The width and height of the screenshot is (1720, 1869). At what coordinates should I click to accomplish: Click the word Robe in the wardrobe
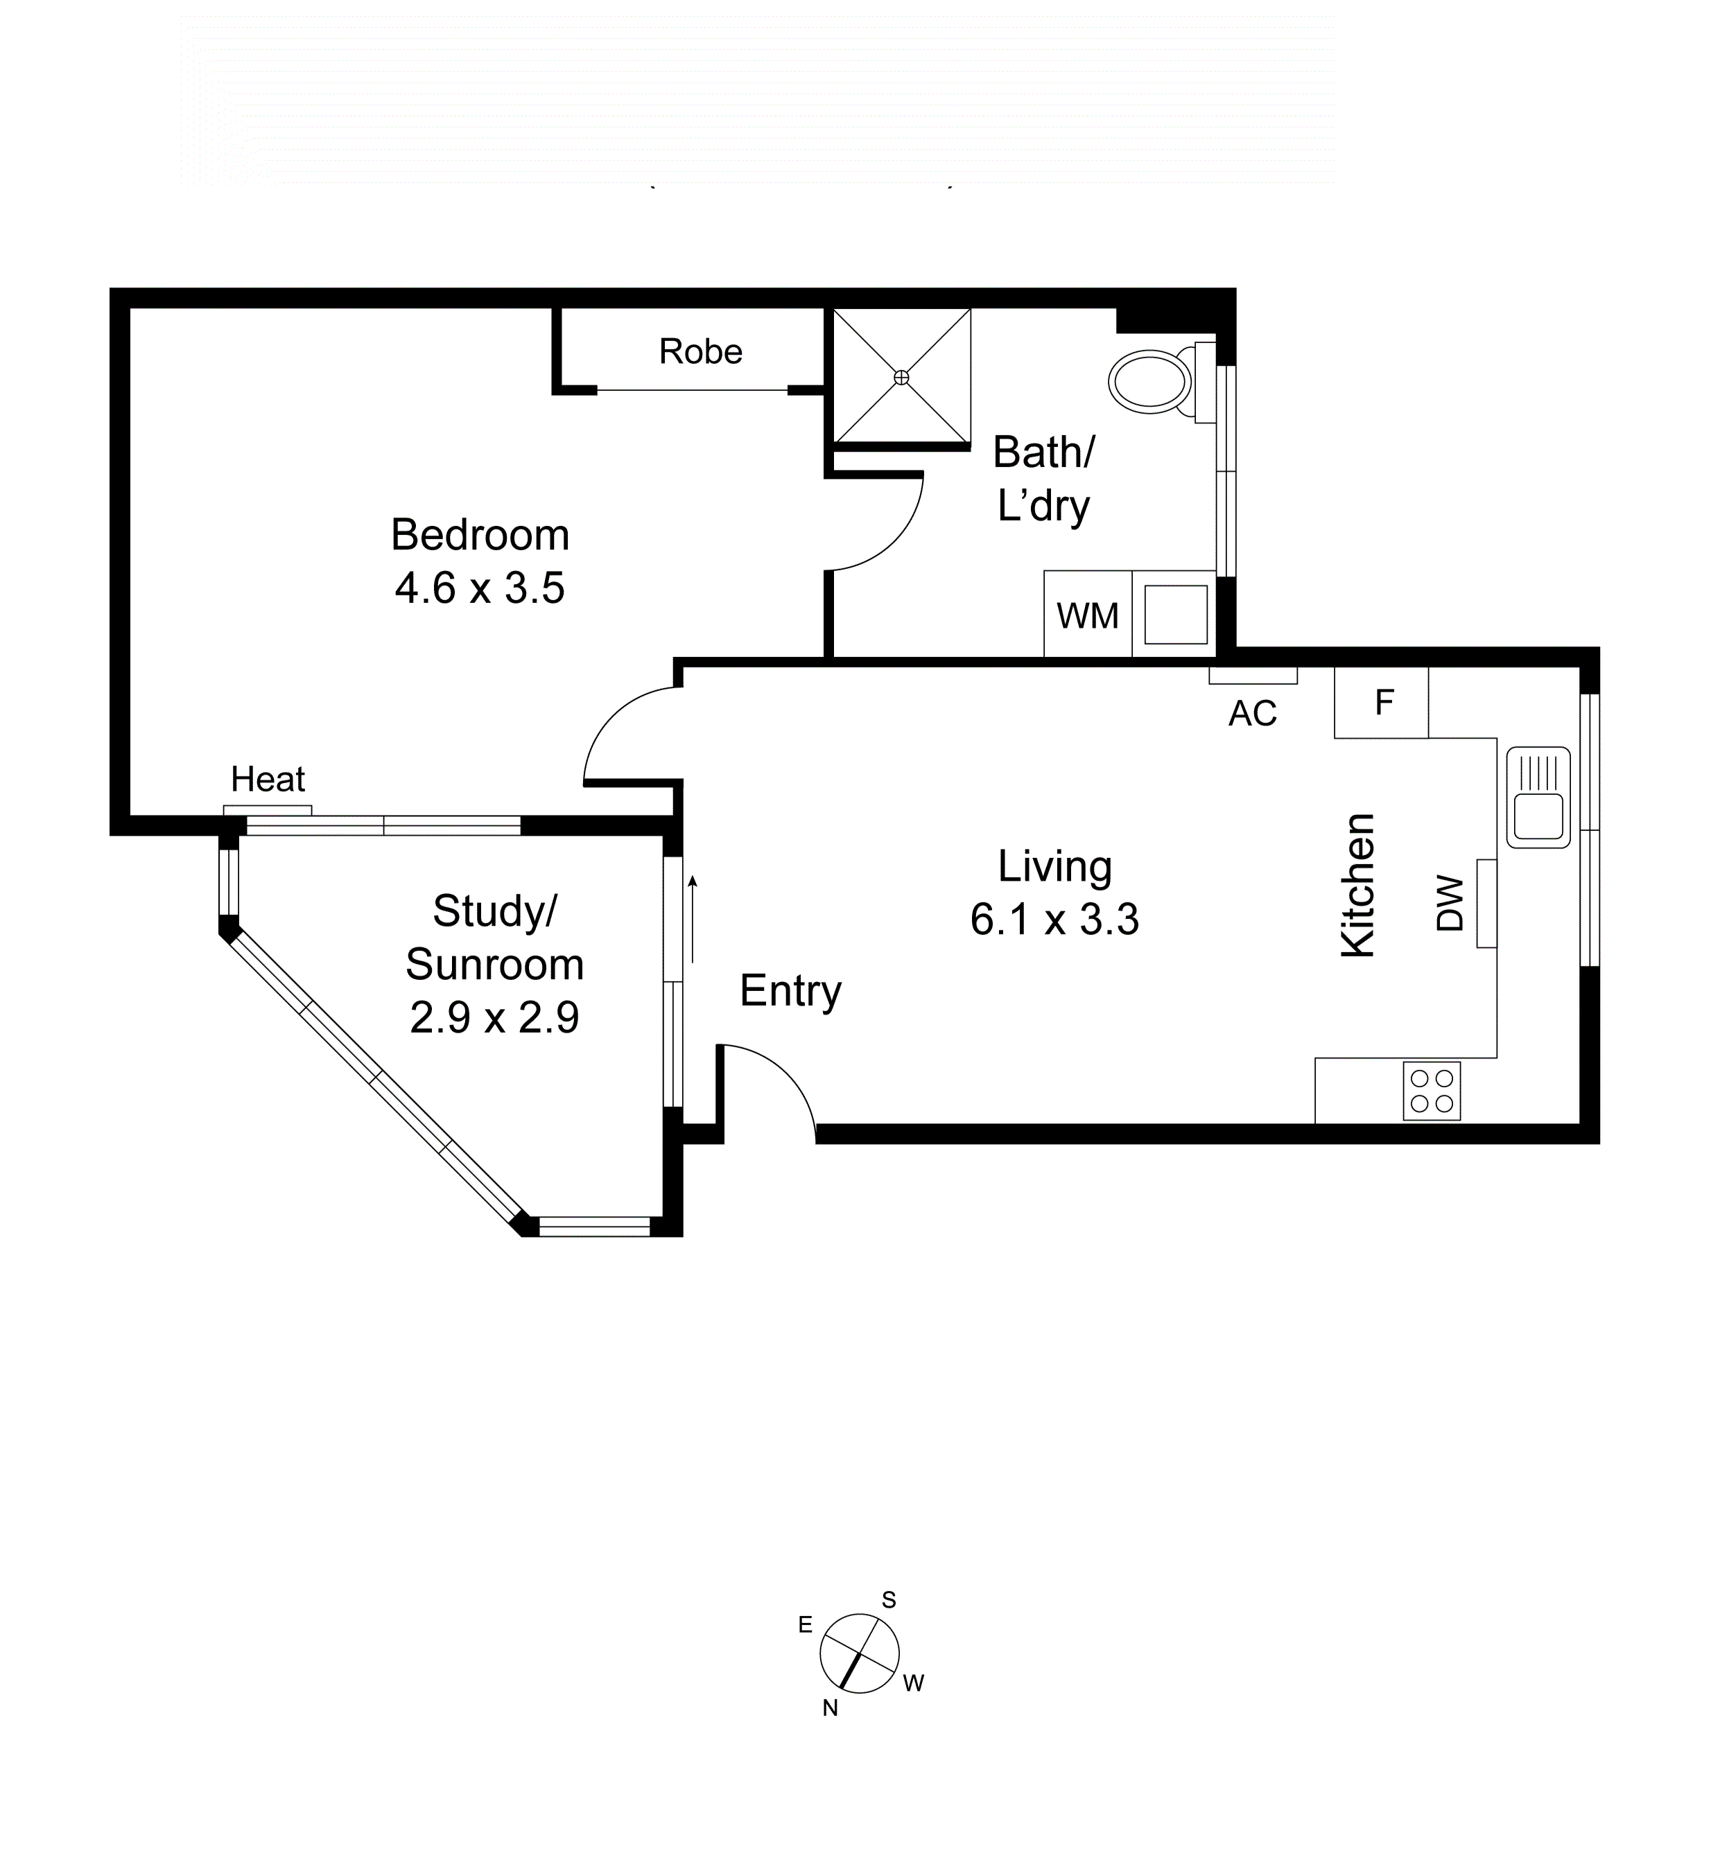click(700, 351)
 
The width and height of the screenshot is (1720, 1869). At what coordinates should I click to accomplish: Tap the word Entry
click(790, 991)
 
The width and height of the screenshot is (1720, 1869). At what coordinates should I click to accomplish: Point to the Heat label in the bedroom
click(268, 779)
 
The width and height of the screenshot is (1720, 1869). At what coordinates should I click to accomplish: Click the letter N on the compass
click(831, 1708)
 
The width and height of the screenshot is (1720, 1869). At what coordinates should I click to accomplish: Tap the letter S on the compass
click(889, 1600)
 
